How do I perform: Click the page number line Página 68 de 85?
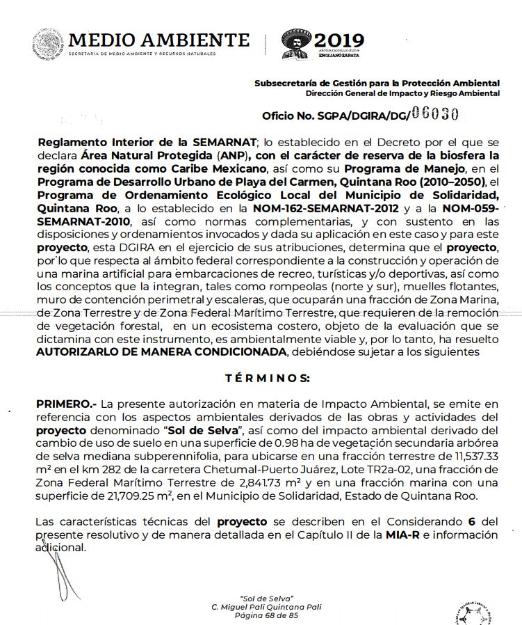pos(266,616)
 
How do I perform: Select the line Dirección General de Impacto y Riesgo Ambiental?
pos(402,93)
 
